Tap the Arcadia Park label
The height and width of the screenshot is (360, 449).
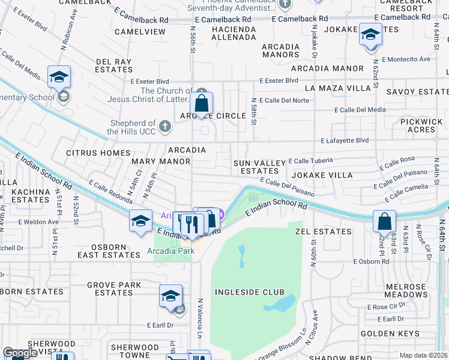click(171, 251)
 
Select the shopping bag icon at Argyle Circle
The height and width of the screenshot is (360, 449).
click(202, 104)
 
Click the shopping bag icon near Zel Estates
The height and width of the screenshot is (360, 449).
click(384, 222)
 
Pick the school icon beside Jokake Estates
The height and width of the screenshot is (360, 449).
click(370, 34)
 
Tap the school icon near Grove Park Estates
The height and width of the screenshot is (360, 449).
click(171, 296)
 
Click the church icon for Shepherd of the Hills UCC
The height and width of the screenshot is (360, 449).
click(166, 126)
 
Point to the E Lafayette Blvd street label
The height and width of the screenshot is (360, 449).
click(345, 140)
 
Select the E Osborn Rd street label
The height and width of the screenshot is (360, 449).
click(372, 262)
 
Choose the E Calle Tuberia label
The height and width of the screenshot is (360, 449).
click(310, 161)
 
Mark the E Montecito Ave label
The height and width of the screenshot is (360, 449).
click(409, 59)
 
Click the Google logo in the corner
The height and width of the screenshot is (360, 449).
click(20, 353)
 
